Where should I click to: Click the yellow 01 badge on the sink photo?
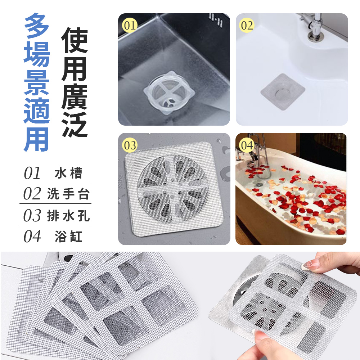pyautogui.click(x=130, y=26)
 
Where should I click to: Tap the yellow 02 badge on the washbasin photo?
pyautogui.click(x=247, y=26)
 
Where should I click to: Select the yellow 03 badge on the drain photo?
pyautogui.click(x=130, y=145)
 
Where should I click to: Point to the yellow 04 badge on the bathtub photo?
pyautogui.click(x=247, y=145)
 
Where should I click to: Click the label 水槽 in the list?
pyautogui.click(x=68, y=173)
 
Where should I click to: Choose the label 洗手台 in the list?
pyautogui.click(x=68, y=194)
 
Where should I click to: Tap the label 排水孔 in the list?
pyautogui.click(x=68, y=216)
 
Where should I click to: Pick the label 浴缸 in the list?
pyautogui.click(x=68, y=237)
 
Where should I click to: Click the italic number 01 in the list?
pyautogui.click(x=32, y=173)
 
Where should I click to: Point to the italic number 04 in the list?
pyautogui.click(x=32, y=237)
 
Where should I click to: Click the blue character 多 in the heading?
pyautogui.click(x=37, y=27)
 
